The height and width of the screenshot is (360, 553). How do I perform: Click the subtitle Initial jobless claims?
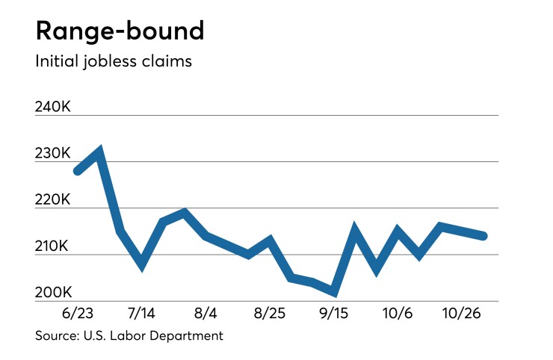[x=114, y=61]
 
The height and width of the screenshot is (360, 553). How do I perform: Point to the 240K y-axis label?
[x=53, y=108]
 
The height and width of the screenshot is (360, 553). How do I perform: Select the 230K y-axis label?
[x=53, y=154]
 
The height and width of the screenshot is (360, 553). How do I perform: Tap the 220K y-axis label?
[x=53, y=200]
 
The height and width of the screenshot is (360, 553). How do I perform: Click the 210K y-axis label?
[x=53, y=246]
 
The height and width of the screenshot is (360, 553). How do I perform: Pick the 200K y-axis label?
[x=53, y=293]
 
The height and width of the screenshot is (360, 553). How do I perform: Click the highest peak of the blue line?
[x=99, y=152]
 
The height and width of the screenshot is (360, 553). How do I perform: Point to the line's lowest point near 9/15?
[x=334, y=292]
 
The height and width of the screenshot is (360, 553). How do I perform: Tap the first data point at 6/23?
[x=77, y=171]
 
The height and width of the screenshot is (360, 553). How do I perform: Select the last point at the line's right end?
[x=484, y=236]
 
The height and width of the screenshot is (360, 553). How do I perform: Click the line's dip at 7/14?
[x=141, y=264]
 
